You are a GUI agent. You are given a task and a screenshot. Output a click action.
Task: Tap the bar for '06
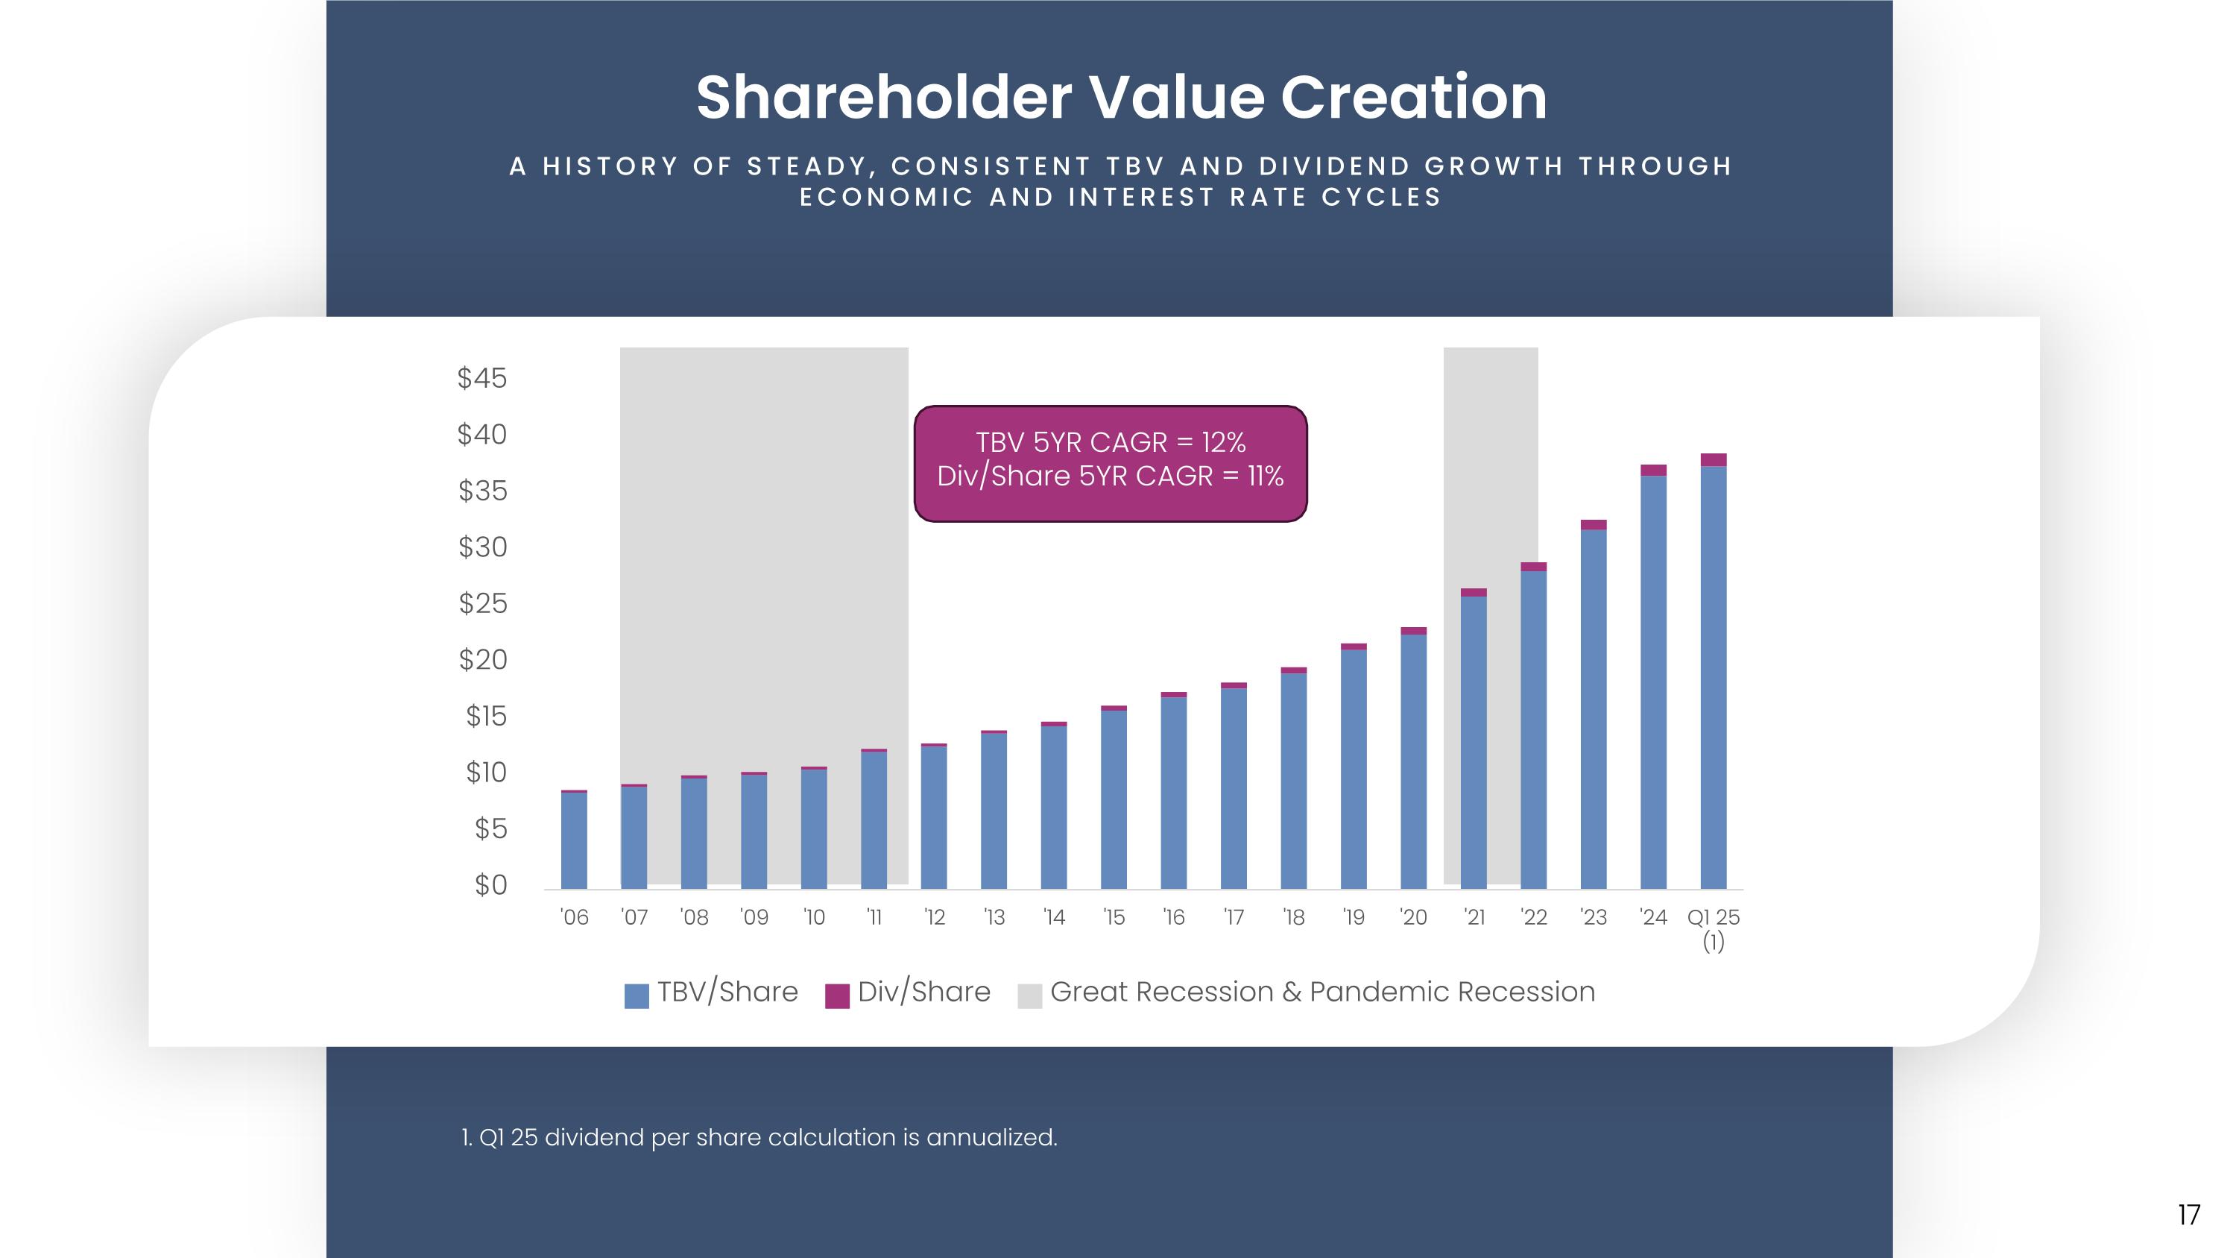click(574, 840)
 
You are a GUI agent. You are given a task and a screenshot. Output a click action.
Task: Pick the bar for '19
click(1354, 768)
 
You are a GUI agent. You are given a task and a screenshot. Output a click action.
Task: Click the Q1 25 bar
click(1713, 677)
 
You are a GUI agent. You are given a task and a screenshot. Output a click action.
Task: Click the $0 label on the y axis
click(490, 884)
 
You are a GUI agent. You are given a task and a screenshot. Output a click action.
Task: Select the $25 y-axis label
click(483, 603)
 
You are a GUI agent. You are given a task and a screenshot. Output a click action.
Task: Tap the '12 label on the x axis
click(934, 918)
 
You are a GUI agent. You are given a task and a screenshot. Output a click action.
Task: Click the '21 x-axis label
click(1474, 918)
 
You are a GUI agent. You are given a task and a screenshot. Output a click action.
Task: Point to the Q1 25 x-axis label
click(1713, 918)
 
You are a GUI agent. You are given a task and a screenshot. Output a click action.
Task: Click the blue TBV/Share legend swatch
click(637, 996)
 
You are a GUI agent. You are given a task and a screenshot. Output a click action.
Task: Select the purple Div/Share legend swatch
click(837, 996)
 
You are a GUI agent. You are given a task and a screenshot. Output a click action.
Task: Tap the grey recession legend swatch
click(1029, 996)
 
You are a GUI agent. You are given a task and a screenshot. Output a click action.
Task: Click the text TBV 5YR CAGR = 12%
click(1111, 443)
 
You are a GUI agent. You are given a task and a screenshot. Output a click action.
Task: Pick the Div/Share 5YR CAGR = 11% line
click(1111, 477)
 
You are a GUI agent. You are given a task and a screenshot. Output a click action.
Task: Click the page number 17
click(2188, 1215)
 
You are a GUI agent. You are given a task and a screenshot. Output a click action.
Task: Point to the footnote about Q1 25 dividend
click(759, 1137)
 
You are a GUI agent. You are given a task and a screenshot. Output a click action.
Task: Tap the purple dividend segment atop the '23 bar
click(1593, 524)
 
